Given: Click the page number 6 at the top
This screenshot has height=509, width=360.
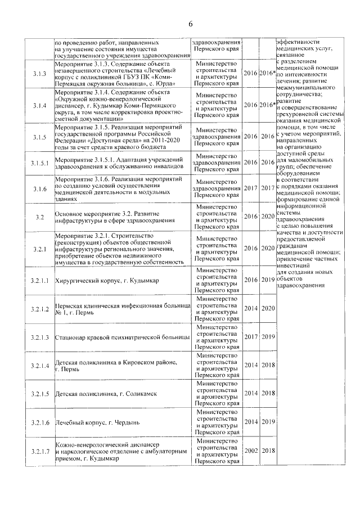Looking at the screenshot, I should tap(190, 23).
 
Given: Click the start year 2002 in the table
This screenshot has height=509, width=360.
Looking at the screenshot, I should tap(251, 451).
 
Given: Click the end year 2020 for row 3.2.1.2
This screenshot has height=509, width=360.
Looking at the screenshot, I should tap(268, 308).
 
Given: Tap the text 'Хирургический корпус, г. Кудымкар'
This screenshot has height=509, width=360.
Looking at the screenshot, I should tap(107, 280).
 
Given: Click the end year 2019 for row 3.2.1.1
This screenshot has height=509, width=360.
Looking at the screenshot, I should tap(268, 280).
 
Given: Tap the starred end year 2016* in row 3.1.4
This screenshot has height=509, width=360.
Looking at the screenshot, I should tap(268, 105).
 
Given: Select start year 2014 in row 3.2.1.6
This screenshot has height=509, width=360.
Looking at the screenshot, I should tap(251, 422).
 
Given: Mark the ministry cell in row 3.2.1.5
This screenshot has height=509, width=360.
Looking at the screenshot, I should tap(217, 393).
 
